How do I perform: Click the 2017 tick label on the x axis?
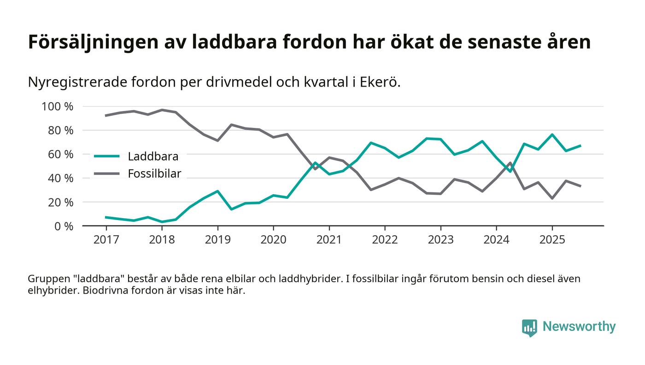(106, 240)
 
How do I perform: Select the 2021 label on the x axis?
(329, 240)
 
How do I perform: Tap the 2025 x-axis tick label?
(552, 240)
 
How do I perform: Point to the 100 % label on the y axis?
(57, 107)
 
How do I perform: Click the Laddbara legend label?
(153, 156)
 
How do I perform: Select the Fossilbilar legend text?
(154, 174)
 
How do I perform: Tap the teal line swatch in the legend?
(107, 156)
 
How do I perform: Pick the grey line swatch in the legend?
(107, 174)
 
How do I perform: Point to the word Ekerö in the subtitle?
(380, 82)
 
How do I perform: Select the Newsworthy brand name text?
(579, 327)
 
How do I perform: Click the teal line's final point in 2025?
(580, 145)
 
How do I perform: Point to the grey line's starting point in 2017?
(106, 116)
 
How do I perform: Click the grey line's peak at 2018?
(162, 110)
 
